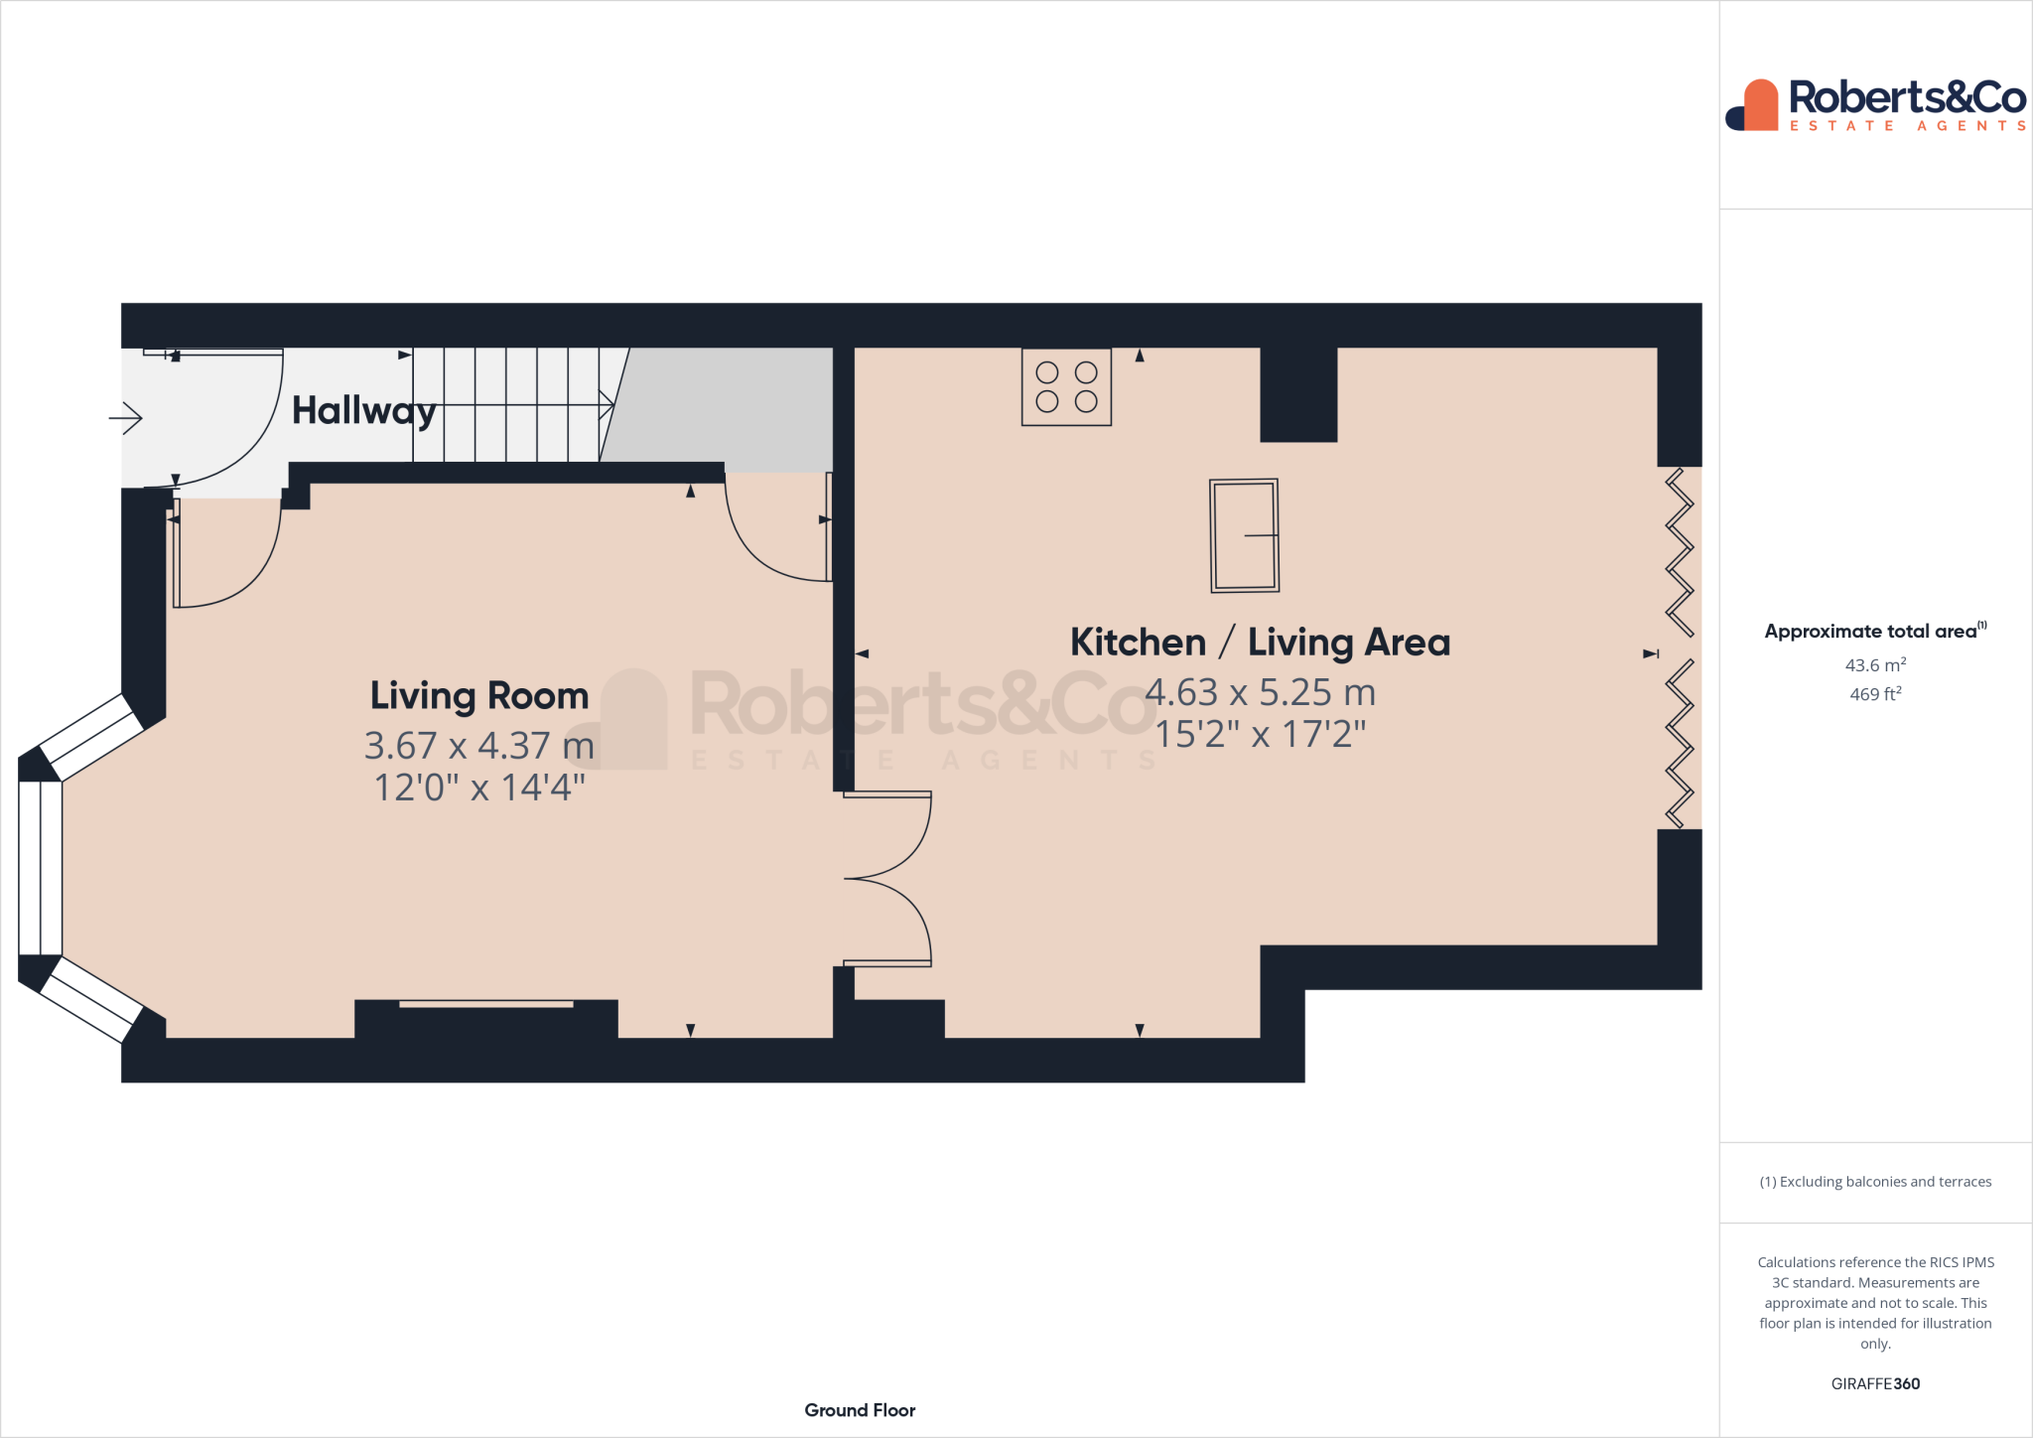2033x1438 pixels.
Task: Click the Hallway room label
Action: coord(363,410)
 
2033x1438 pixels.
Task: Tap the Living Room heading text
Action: coord(479,695)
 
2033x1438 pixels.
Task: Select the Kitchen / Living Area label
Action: coord(1260,643)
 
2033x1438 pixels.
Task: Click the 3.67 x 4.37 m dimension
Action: coord(479,745)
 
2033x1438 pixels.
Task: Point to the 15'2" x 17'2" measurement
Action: coord(1260,735)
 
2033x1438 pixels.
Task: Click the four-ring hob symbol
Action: coord(1066,387)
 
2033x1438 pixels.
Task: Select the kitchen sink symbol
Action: coord(1244,536)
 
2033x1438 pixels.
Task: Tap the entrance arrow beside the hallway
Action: coord(126,418)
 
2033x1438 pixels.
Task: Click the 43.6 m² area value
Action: coord(1875,665)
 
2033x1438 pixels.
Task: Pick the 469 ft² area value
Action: coord(1875,694)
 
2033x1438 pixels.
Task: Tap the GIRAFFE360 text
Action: coord(1875,1383)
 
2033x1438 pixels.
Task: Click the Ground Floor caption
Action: coord(860,1410)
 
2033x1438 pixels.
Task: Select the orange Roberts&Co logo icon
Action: coord(1755,105)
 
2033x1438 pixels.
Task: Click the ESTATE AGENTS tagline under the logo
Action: coord(1907,126)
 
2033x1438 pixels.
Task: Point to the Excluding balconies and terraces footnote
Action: coord(1875,1182)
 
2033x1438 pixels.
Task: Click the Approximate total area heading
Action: coord(1872,632)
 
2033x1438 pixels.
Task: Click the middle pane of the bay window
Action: coord(41,869)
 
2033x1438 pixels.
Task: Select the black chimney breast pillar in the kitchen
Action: coord(1298,394)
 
